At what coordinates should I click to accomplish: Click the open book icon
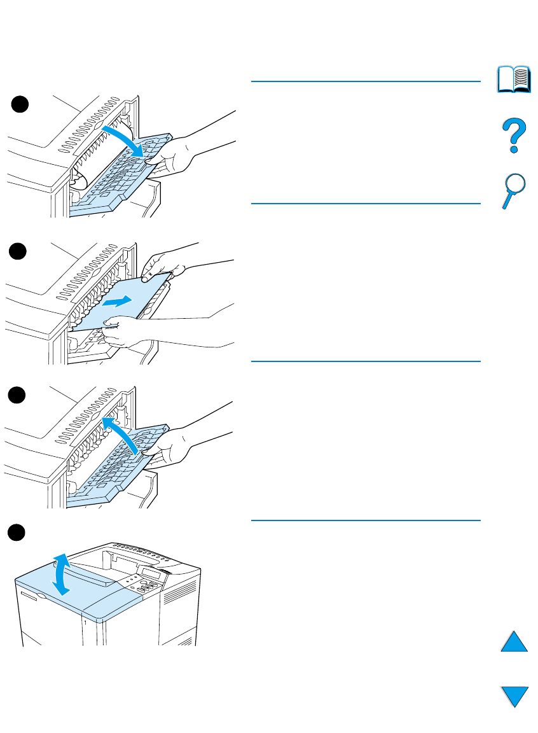pyautogui.click(x=514, y=78)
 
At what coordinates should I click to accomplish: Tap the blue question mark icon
pyautogui.click(x=513, y=136)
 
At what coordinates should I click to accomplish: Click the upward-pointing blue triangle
pyautogui.click(x=514, y=639)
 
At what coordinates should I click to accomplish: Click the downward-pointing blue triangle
pyautogui.click(x=514, y=695)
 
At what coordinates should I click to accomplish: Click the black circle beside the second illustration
pyautogui.click(x=21, y=252)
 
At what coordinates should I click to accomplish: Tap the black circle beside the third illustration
pyautogui.click(x=21, y=395)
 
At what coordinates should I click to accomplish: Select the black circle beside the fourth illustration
pyautogui.click(x=21, y=533)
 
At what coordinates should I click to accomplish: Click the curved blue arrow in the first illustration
pyautogui.click(x=127, y=139)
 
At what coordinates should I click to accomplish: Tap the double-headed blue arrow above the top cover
pyautogui.click(x=61, y=574)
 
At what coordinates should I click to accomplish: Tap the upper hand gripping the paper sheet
pyautogui.click(x=159, y=267)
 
